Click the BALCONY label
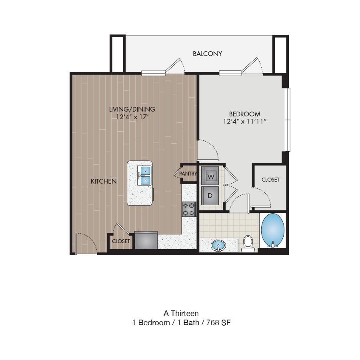click(x=207, y=54)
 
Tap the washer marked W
click(x=210, y=176)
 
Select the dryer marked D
click(x=210, y=196)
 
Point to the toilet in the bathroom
click(x=248, y=244)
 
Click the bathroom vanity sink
click(x=218, y=246)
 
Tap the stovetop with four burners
click(x=189, y=209)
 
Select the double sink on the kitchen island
click(x=144, y=176)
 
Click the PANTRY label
click(x=188, y=174)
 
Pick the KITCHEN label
click(x=104, y=181)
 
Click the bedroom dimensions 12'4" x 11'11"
click(x=245, y=121)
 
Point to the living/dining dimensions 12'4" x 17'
click(x=132, y=117)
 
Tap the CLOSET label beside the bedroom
click(x=270, y=180)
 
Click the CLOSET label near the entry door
click(x=121, y=241)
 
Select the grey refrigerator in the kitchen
click(x=146, y=240)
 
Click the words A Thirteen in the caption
click(x=181, y=313)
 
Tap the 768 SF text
click(x=218, y=322)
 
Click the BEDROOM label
click(x=245, y=114)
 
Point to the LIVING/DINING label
click(x=132, y=109)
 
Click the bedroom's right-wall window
click(x=288, y=120)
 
